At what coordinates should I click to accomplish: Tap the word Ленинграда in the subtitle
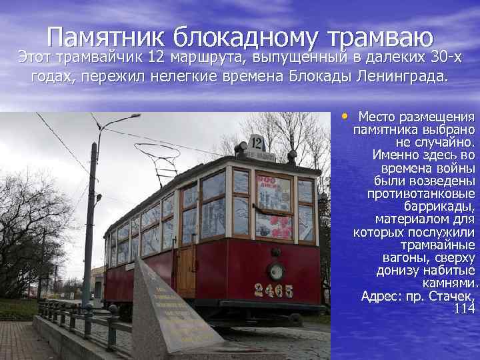click(x=395, y=77)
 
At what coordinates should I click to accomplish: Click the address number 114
click(x=464, y=309)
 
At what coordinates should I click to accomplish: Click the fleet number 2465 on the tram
click(x=273, y=290)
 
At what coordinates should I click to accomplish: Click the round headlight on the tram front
click(x=275, y=271)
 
